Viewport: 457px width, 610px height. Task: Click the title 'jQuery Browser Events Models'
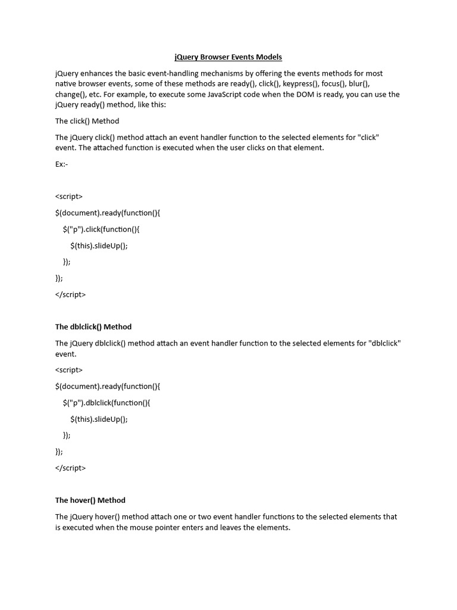click(228, 57)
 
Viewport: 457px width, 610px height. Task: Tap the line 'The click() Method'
click(87, 121)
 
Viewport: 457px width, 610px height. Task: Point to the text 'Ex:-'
click(62, 164)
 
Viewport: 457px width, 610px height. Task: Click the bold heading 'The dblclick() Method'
click(93, 326)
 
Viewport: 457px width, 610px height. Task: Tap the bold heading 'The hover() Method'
click(90, 500)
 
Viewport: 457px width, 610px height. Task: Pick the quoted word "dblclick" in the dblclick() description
click(385, 343)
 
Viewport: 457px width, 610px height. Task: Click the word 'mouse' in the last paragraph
click(173, 528)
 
